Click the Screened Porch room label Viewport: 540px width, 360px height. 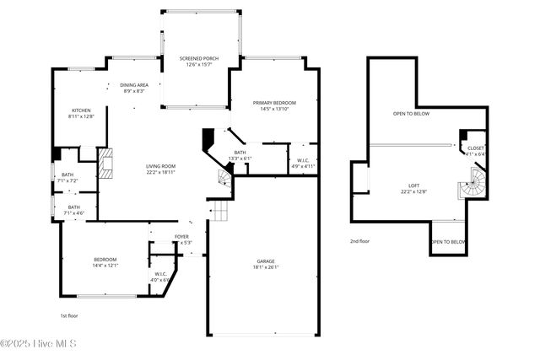tap(199, 58)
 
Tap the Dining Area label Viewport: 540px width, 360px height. tap(134, 84)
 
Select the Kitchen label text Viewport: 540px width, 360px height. tap(81, 110)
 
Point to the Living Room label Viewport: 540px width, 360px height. tap(160, 166)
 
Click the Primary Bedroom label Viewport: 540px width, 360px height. tap(274, 103)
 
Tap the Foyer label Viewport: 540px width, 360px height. tap(181, 237)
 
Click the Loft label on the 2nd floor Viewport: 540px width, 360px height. tap(413, 185)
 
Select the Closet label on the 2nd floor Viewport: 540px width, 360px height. tap(476, 148)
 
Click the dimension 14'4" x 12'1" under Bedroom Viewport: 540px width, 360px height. tap(105, 266)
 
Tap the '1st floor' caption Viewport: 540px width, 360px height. tap(69, 315)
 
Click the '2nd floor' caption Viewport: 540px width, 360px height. tap(360, 241)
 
